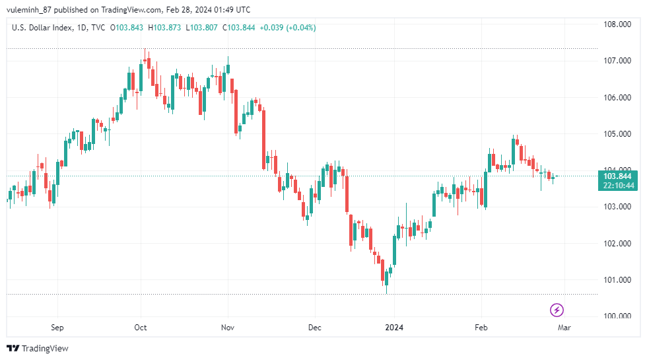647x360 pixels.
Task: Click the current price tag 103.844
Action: [x=618, y=176]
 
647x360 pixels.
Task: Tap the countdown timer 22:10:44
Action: [x=618, y=186]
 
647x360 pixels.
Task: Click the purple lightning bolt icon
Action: [x=557, y=309]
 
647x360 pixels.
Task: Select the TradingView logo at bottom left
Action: [x=38, y=348]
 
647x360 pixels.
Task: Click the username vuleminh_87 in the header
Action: [x=29, y=9]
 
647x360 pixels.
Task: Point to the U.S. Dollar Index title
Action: [x=40, y=28]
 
